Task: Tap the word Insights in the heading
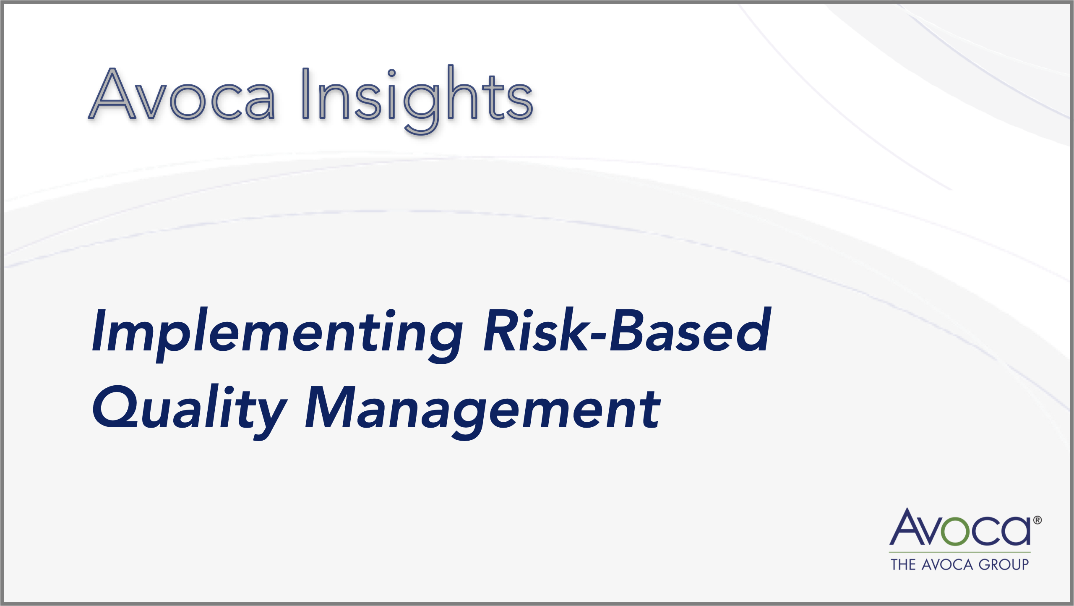pyautogui.click(x=417, y=99)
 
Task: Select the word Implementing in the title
pyautogui.click(x=277, y=334)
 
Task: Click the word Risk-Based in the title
pyautogui.click(x=627, y=329)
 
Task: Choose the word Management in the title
pyautogui.click(x=482, y=411)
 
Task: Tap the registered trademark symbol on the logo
pyautogui.click(x=1037, y=520)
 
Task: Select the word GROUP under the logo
pyautogui.click(x=1003, y=564)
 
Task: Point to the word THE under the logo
pyautogui.click(x=903, y=564)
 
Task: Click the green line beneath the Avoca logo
pyautogui.click(x=959, y=552)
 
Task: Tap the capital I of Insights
pyautogui.click(x=306, y=94)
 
